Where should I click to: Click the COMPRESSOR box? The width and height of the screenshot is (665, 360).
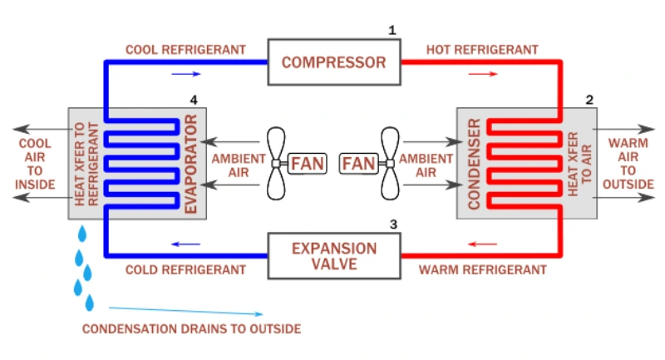[x=333, y=62]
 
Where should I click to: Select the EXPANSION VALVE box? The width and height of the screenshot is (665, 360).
[x=333, y=256]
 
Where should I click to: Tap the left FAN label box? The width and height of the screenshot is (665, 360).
[x=308, y=163]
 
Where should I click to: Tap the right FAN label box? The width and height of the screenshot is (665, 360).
[x=359, y=163]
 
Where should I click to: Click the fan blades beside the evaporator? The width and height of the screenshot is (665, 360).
[x=277, y=163]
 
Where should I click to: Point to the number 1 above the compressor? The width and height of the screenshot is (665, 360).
[x=392, y=31]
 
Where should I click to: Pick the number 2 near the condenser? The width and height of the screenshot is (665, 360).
[x=589, y=100]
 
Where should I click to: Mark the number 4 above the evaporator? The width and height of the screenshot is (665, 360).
[x=194, y=100]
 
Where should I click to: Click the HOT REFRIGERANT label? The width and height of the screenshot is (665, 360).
[x=481, y=50]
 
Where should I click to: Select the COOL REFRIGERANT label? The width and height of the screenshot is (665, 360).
[x=185, y=50]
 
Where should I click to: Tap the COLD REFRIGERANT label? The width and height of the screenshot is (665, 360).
[x=185, y=270]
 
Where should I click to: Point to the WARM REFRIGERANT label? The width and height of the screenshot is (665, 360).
[x=482, y=270]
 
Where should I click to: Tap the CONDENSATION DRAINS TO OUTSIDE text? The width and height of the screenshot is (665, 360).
[x=191, y=328]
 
